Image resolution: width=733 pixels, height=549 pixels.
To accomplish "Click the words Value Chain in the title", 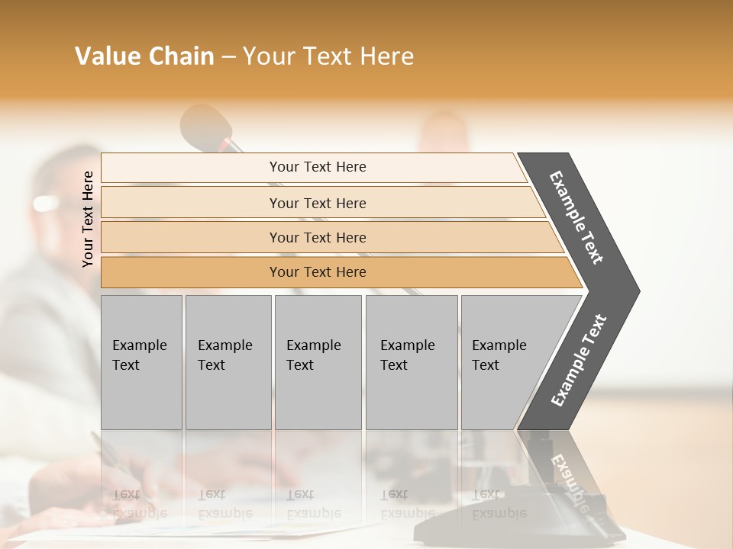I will click(x=144, y=56).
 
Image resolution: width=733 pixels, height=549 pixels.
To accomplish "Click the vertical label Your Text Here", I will click(x=88, y=219).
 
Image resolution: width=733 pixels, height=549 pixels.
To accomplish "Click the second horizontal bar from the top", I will click(x=318, y=203).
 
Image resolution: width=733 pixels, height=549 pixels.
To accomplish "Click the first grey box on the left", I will click(x=141, y=362).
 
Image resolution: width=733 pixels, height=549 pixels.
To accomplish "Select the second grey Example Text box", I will click(x=228, y=362).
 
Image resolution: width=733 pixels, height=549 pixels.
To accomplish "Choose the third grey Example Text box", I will click(x=318, y=362).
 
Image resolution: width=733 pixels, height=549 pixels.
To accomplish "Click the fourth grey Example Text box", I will click(x=412, y=362).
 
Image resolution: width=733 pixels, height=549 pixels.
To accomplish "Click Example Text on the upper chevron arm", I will click(x=577, y=217).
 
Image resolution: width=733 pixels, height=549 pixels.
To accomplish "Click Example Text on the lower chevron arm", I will click(x=579, y=360).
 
